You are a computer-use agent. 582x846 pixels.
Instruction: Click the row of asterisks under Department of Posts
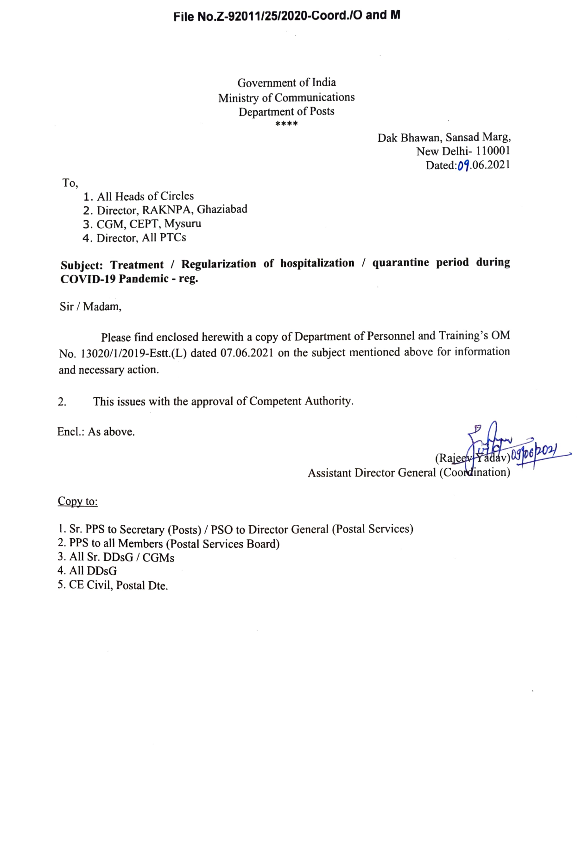click(x=286, y=124)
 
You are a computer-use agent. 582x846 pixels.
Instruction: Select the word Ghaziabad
click(x=222, y=210)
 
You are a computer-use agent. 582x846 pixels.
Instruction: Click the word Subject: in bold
click(x=82, y=265)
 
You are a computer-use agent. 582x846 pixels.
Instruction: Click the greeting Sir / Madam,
click(x=90, y=306)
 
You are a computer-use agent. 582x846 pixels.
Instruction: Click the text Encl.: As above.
click(x=96, y=432)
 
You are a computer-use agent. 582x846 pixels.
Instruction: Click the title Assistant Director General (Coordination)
click(x=409, y=473)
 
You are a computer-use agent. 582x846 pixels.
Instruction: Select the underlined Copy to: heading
click(x=77, y=502)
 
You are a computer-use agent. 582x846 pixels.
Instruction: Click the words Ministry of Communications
click(x=286, y=98)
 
